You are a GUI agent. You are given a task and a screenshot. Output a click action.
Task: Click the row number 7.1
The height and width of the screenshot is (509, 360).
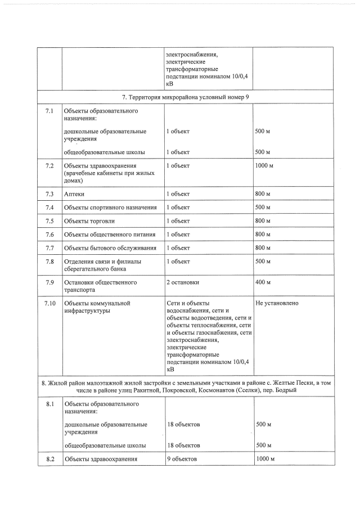(49, 111)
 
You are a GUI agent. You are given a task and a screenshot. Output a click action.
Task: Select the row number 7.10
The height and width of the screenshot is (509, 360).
(49, 303)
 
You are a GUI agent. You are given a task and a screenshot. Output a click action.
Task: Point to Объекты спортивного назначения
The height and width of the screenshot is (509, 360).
(110, 208)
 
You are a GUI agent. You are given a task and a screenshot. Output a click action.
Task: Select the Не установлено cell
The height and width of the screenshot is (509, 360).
(277, 303)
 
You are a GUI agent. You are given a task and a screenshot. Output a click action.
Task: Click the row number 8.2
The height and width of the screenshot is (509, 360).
(49, 460)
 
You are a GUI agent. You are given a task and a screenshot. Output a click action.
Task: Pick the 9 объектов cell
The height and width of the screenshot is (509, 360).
(182, 460)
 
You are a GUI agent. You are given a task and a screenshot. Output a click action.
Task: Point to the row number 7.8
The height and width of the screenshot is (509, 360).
(49, 261)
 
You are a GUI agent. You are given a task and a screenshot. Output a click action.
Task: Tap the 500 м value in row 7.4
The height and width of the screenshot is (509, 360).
(263, 208)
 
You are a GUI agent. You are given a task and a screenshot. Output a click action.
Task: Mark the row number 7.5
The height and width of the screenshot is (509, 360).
(49, 220)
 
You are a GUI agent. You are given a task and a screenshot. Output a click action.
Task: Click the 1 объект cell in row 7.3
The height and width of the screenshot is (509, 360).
(178, 194)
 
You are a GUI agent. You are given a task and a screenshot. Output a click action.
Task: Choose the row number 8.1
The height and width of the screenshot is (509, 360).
(49, 404)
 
